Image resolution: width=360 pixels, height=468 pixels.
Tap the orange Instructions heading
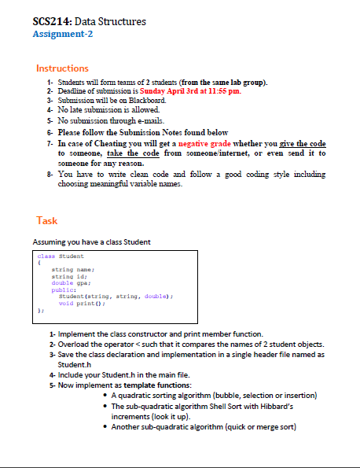[x=62, y=68]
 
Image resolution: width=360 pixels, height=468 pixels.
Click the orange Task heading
[x=47, y=220]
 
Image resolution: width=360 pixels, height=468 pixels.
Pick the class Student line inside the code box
[x=61, y=256]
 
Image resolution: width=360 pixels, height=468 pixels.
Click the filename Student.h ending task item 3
[x=77, y=365]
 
